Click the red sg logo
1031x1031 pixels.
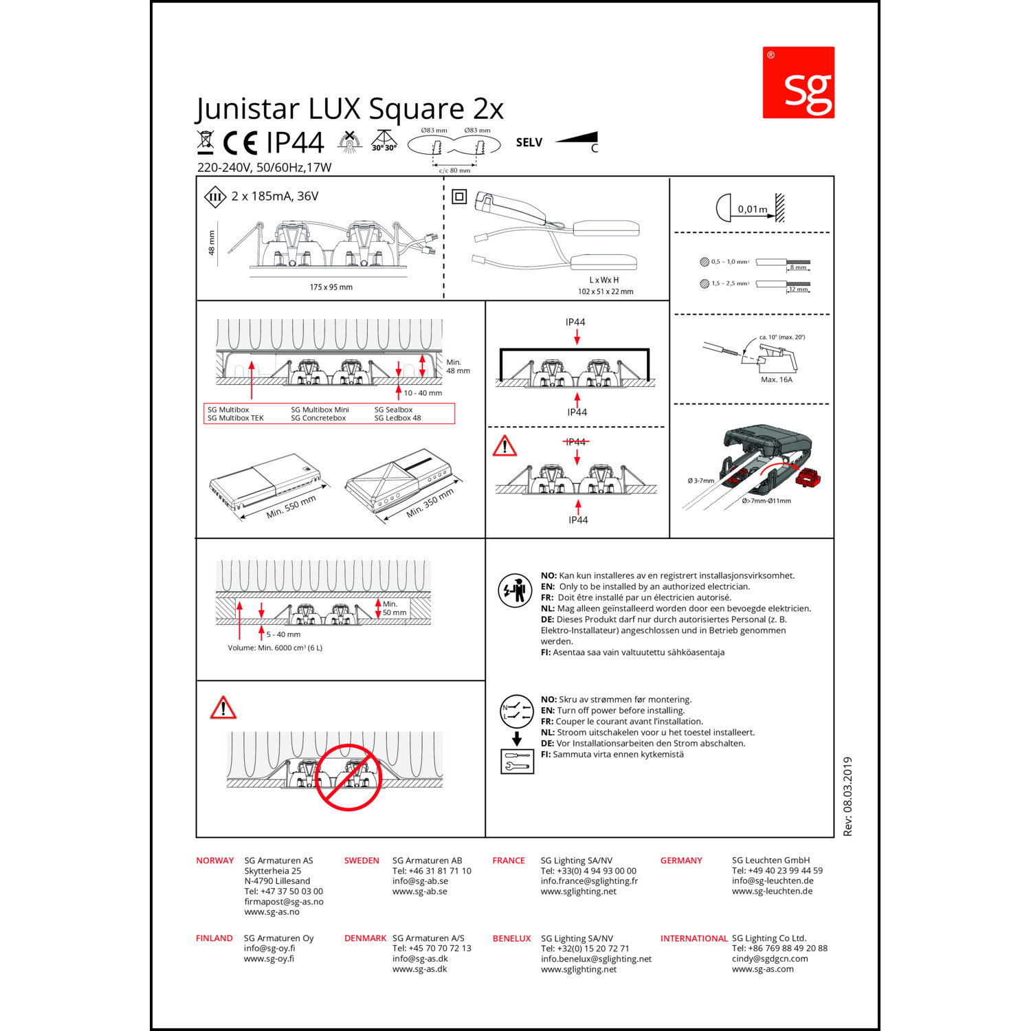(798, 82)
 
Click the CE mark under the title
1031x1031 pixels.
(240, 143)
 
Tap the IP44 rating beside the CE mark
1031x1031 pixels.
(295, 143)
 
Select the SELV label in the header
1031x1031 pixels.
(529, 142)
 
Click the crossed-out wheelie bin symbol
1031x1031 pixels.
(205, 142)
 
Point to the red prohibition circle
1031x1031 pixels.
(348, 777)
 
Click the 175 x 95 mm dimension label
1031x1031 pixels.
(331, 287)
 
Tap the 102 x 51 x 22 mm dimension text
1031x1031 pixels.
(606, 291)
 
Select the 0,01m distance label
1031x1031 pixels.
(753, 209)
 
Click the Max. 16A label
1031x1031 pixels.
(777, 379)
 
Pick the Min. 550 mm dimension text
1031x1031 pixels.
(291, 507)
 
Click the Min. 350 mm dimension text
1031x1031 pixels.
(430, 503)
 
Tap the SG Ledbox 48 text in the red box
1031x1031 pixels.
(397, 418)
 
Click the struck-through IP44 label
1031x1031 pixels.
(576, 442)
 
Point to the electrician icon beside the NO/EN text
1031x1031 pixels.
(515, 590)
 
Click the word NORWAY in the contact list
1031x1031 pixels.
(215, 861)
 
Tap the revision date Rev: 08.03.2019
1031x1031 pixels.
(847, 797)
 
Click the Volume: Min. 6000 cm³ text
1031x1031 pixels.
(275, 647)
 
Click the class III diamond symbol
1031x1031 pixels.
(215, 197)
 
